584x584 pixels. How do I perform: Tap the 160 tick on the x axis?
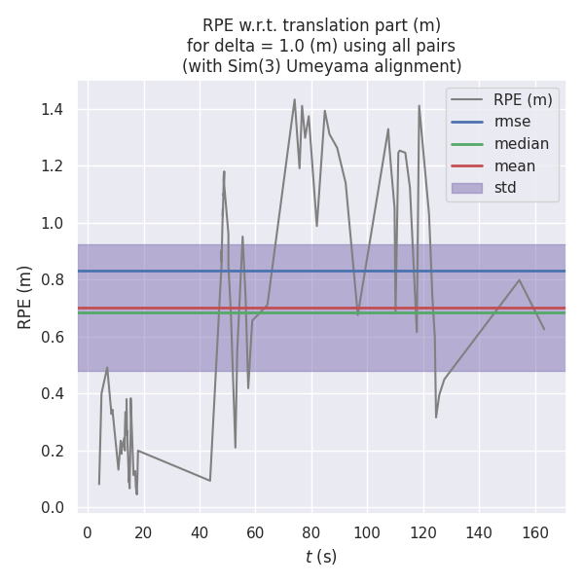click(534, 532)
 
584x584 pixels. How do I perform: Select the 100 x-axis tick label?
click(367, 532)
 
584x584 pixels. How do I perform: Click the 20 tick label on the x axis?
click(143, 532)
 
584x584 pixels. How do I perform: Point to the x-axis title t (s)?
click(321, 557)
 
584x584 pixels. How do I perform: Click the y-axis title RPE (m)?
click(26, 296)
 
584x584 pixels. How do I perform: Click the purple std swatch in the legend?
click(466, 188)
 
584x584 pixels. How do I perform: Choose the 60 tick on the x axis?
click(255, 532)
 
